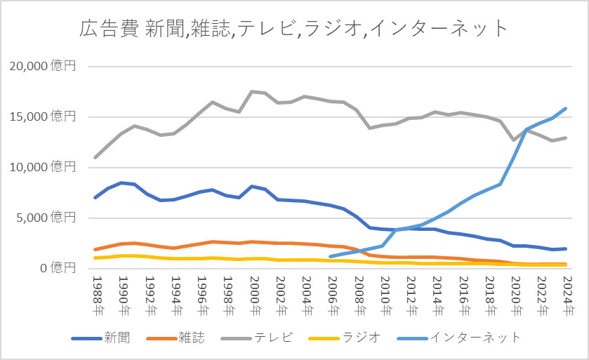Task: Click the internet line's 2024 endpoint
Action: (565, 109)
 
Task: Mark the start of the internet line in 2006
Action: (330, 256)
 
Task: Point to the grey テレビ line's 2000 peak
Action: (251, 91)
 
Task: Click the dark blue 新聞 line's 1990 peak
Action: (121, 182)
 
